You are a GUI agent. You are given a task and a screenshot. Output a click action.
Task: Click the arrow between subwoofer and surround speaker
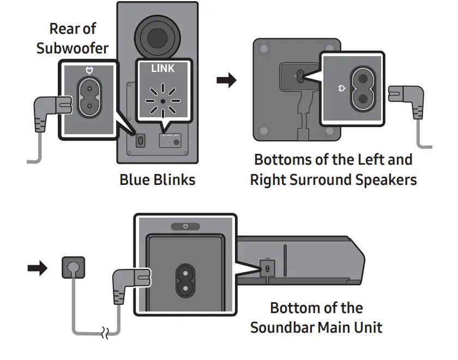point(227,81)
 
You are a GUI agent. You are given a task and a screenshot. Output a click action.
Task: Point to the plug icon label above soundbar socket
point(185,226)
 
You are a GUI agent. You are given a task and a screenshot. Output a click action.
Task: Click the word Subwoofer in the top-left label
point(73,48)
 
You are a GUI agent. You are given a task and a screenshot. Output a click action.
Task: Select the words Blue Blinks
point(157,179)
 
